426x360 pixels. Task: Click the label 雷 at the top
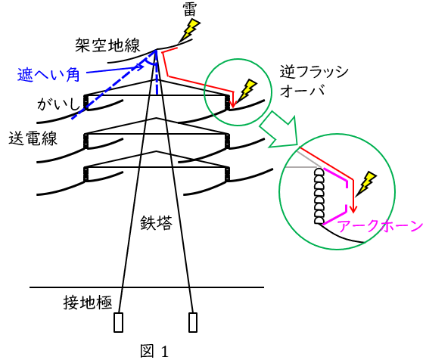[x=190, y=11]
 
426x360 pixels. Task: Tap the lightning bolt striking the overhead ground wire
[x=190, y=29]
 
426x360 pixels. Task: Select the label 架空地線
[x=108, y=45]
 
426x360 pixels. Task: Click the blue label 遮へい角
[x=48, y=75]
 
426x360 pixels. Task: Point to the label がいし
[x=58, y=104]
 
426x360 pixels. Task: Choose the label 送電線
[x=33, y=138]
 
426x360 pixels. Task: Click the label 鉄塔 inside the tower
[x=156, y=223]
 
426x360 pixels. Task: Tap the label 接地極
[x=88, y=303]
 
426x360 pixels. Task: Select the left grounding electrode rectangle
[x=119, y=322]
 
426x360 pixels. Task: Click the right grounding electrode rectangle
[x=193, y=322]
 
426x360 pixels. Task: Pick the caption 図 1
[x=154, y=351]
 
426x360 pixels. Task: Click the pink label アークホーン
[x=381, y=226]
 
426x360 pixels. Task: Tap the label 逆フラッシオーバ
[x=314, y=81]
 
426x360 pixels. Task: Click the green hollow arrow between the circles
[x=280, y=131]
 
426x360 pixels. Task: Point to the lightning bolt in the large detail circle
[x=366, y=184]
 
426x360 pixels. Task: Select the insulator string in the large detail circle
[x=319, y=196]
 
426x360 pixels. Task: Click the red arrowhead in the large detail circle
[x=353, y=209]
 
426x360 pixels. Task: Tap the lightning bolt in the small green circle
[x=247, y=92]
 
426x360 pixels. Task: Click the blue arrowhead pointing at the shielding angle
[x=141, y=67]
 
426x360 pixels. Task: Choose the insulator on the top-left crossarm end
[x=86, y=102]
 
